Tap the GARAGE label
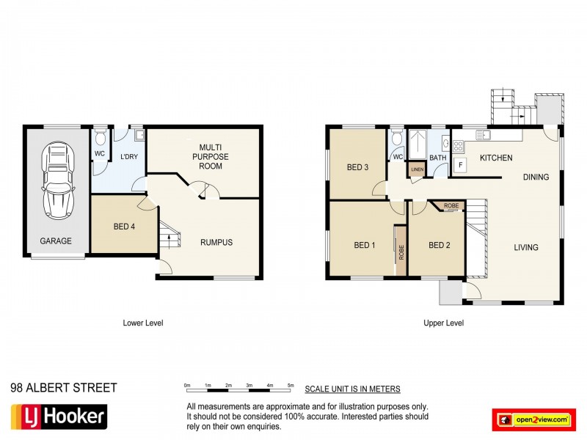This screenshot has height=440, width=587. coord(56,241)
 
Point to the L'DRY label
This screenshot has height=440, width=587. coord(128,156)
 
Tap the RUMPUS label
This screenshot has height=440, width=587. coord(217,243)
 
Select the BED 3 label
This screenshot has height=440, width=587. coord(358,166)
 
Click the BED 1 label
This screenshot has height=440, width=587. coord(365,245)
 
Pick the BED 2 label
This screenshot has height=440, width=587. coord(439,245)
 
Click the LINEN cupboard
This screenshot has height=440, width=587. coord(417,170)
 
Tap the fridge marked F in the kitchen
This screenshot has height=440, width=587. coord(459,164)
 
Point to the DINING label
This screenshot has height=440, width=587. coord(536,177)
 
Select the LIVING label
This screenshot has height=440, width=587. coord(526,247)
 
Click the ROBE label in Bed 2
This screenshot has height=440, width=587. coord(451,207)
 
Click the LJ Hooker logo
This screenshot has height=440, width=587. coord(59,417)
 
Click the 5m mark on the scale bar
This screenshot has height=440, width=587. coord(291,385)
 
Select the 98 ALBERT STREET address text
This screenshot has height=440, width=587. coord(63,388)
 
